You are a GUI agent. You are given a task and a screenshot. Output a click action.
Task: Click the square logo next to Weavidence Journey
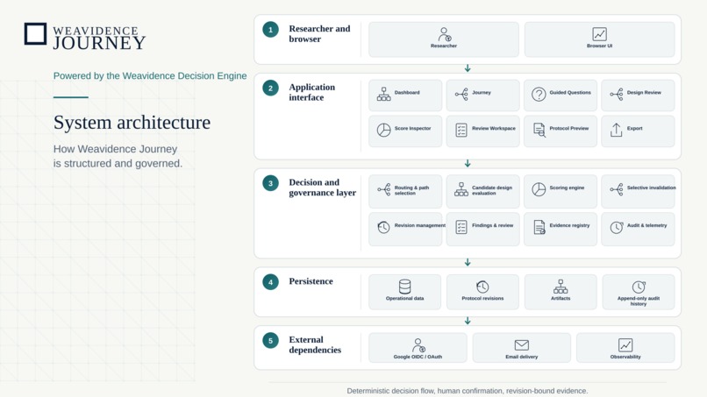35,34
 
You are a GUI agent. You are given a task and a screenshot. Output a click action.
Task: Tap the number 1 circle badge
270,30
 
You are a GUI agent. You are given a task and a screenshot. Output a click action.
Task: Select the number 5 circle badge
270,341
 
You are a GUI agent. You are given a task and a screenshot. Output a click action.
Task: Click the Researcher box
444,39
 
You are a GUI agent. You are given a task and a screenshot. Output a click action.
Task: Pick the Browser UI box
599,39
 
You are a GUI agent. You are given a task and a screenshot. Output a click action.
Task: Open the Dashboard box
405,95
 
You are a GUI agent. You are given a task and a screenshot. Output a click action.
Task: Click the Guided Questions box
561,95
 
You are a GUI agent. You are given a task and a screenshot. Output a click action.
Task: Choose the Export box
638,131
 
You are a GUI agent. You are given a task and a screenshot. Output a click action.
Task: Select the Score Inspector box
405,131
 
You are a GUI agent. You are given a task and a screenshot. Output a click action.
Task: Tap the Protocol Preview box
561,131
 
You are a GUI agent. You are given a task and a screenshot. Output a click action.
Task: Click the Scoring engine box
561,191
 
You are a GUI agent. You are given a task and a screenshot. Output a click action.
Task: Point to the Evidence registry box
561,229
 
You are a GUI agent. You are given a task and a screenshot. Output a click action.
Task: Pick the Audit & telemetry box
638,229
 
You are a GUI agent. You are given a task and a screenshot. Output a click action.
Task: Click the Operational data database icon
405,287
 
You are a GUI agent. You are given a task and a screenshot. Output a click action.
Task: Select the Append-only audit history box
639,292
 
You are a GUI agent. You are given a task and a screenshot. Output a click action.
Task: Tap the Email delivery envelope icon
522,345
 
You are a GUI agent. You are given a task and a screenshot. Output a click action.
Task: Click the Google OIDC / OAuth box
418,347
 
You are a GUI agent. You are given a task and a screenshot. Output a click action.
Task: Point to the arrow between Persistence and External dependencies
468,321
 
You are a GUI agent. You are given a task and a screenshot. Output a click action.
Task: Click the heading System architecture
132,123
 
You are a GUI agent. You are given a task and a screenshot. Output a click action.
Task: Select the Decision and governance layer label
323,188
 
